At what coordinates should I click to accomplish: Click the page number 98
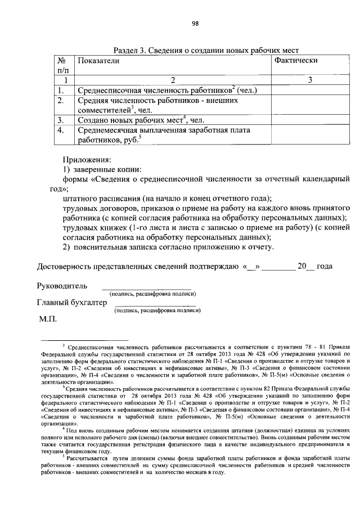195,23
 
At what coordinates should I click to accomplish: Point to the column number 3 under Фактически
310,80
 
